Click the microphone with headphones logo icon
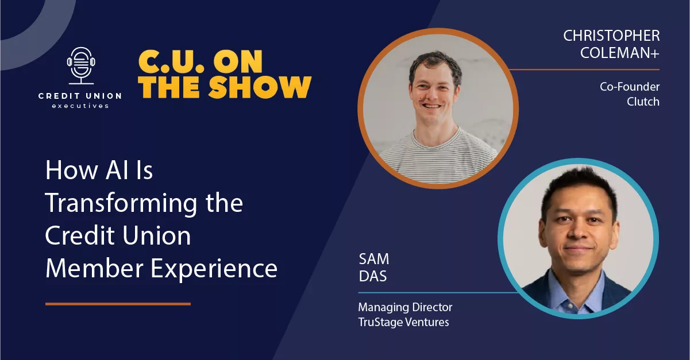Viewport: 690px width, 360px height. tap(81, 65)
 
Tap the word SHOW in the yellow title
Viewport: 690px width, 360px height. tap(260, 87)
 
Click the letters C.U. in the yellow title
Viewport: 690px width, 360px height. tap(171, 61)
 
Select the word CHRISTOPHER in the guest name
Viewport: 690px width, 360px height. tap(611, 36)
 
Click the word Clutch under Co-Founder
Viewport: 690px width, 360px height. tap(643, 102)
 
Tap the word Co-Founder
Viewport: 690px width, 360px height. tap(630, 87)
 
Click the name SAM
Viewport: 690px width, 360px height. tap(374, 259)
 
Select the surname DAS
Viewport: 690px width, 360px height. tap(373, 276)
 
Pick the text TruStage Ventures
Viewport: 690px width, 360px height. tap(403, 322)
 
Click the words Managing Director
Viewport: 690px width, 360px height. tap(405, 307)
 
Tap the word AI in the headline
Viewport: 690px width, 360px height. tap(117, 170)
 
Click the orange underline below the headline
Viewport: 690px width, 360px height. tap(118, 304)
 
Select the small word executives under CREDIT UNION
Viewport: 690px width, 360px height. tap(80, 106)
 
